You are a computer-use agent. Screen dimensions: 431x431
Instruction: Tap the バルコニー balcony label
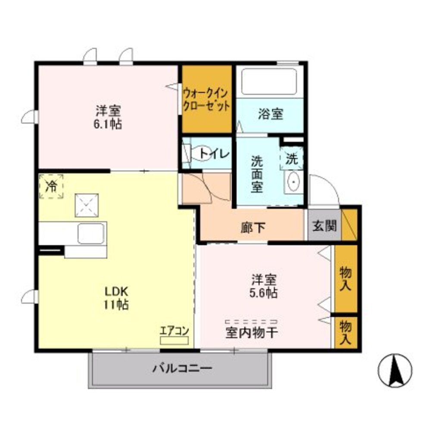click(181, 369)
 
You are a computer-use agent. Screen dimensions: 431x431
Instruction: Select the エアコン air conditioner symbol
click(174, 340)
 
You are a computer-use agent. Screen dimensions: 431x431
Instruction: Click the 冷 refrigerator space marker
click(51, 186)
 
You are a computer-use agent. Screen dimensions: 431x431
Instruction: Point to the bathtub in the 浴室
click(270, 82)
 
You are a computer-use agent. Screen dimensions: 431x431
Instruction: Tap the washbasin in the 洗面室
click(294, 182)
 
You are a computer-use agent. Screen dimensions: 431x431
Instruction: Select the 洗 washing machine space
click(292, 159)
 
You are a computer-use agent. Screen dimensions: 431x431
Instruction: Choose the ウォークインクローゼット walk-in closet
click(206, 99)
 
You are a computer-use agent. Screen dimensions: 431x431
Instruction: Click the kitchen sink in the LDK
click(91, 234)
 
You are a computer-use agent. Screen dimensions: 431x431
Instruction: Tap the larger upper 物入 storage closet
click(346, 278)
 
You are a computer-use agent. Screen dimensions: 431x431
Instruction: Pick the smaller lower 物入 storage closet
click(346, 332)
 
